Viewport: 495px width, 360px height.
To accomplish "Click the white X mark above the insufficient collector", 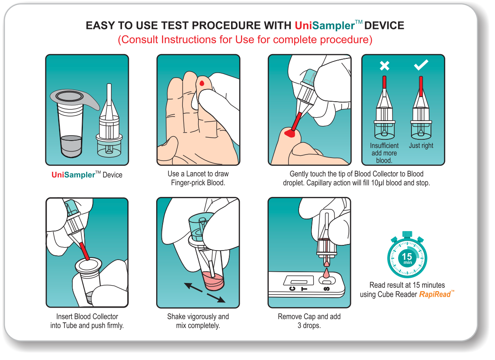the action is coord(385,66).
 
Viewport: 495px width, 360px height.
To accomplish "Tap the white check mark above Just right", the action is coord(421,65).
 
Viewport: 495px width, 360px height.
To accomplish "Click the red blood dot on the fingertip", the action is coord(202,84).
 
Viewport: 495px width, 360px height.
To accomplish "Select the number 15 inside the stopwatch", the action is coord(407,256).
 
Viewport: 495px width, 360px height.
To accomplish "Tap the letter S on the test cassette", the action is coord(327,289).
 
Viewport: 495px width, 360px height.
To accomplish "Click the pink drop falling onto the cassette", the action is coord(326,273).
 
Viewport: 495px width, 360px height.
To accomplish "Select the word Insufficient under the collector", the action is coord(384,145).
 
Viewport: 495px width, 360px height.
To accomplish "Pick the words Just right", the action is coord(421,145).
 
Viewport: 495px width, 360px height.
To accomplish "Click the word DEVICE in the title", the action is coord(384,25).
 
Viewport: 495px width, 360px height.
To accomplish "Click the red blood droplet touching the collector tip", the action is coord(290,133).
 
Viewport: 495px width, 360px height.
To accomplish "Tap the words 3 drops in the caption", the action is coord(309,325).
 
